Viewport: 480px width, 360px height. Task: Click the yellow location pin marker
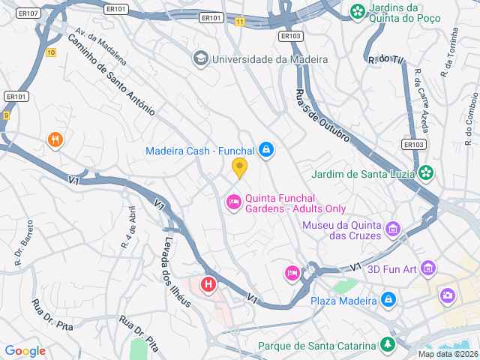coord(240,168)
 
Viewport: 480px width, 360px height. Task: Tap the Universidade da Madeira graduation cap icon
coord(200,58)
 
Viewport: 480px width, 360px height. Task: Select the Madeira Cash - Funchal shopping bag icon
coord(265,151)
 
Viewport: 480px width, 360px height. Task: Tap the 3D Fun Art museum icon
coord(428,267)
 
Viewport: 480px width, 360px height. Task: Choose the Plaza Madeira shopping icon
coord(388,301)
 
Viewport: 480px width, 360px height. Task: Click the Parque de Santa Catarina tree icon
coord(388,345)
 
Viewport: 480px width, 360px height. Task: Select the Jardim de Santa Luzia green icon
coord(426,173)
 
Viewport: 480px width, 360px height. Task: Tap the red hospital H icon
coord(208,285)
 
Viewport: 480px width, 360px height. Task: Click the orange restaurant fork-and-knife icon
coord(55,139)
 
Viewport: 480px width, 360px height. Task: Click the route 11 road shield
coord(239,22)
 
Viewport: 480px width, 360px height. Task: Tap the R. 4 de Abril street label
coord(130,227)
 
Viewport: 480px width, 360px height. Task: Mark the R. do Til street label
coord(385,58)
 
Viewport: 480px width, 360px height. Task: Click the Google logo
coord(25,350)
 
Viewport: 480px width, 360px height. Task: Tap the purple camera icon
coord(448,295)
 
